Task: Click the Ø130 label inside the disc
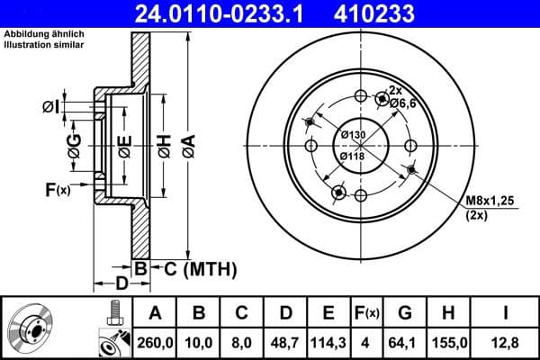354,135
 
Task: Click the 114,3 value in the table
328,342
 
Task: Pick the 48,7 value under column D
284,342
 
